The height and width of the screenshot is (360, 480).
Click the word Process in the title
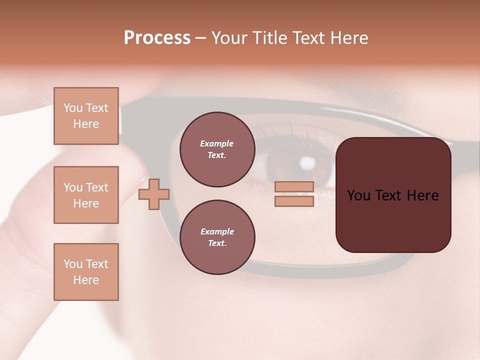(157, 38)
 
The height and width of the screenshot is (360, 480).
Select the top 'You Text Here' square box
(86, 116)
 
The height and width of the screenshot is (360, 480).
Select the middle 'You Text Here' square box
(86, 195)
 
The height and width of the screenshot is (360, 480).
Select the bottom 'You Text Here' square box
(86, 271)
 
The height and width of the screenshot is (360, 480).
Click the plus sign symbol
(154, 194)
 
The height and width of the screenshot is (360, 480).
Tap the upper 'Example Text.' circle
(217, 149)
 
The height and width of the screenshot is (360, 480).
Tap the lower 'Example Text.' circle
(217, 237)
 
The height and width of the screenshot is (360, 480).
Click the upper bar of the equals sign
(294, 186)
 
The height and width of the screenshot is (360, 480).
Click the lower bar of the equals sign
(294, 201)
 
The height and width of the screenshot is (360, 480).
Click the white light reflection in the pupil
(307, 162)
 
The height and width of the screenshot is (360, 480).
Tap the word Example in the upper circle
(217, 143)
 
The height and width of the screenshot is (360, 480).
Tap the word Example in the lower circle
(217, 231)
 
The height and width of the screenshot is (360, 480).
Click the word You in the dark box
(358, 195)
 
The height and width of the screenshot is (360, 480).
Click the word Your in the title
(230, 38)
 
